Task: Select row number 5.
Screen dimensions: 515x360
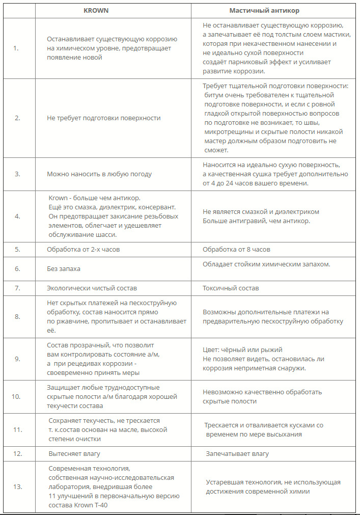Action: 17,250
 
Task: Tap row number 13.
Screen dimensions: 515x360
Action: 17,486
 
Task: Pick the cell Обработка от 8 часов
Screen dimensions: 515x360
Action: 236,250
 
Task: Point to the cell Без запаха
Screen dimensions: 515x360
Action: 64,268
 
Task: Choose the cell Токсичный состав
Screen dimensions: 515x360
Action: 231,288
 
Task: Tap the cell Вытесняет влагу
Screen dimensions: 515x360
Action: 74,453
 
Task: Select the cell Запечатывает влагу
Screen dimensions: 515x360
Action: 237,453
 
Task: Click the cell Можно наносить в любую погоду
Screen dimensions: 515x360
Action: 99,174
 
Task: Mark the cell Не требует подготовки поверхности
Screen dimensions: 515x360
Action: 104,118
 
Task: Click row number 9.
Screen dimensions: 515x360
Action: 17,359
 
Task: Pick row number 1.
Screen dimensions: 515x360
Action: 17,48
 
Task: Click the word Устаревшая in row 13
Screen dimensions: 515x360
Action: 225,482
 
